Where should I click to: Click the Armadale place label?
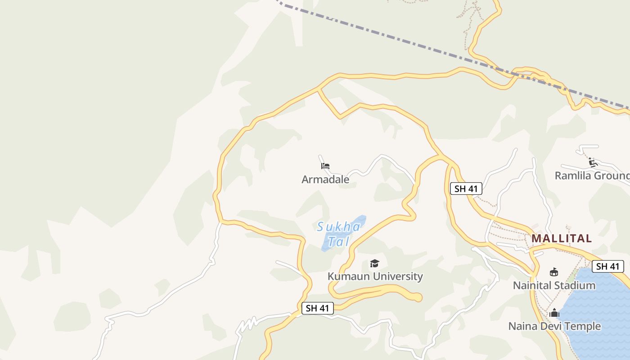325,180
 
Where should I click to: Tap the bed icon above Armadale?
325,166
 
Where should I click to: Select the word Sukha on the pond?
338,227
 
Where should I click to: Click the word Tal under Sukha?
338,242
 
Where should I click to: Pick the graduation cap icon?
374,264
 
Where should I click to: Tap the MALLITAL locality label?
562,238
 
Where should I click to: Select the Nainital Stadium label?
554,285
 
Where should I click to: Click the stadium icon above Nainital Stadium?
554,272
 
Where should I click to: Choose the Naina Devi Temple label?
554,326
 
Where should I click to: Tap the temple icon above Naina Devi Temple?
554,313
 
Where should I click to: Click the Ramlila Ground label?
592,175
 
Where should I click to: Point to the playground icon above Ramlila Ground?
593,162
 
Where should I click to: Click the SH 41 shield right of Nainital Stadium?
607,266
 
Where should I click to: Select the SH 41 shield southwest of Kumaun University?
317,308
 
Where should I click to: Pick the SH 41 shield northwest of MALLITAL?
466,189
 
